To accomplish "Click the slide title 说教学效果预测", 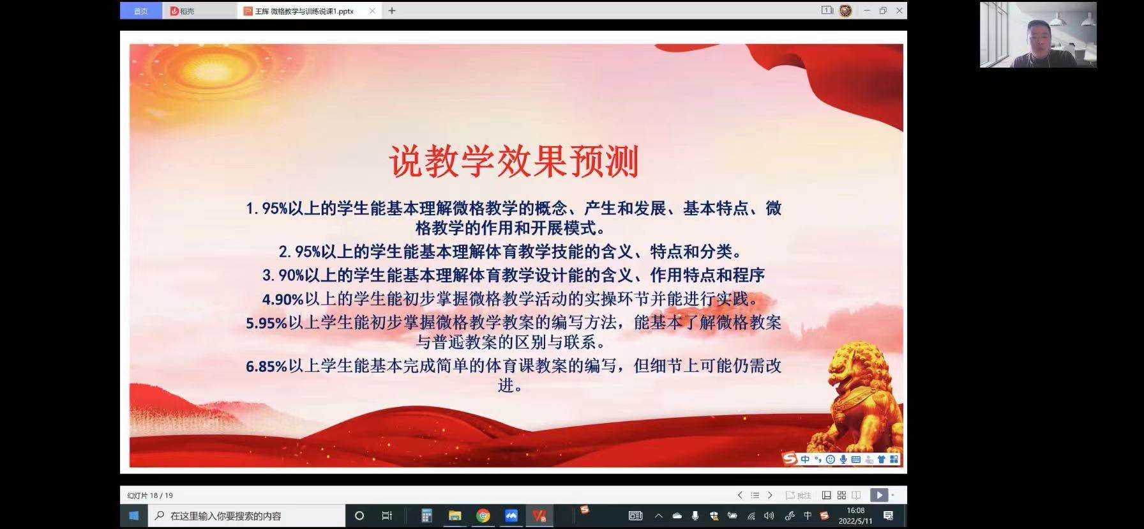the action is coord(514,162).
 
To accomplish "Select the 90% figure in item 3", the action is coord(291,276).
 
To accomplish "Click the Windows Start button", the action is coord(133,516).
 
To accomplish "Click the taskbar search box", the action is coord(246,516).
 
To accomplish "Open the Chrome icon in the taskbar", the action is coord(483,516).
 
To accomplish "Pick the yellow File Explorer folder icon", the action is coord(455,516).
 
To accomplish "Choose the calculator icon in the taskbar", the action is coord(426,516).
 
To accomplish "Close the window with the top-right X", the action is coord(899,10).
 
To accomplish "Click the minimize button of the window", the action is coord(866,10).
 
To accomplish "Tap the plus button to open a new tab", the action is coord(392,11).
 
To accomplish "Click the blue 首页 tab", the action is coord(140,11).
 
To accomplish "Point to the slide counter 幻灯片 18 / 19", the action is coord(150,495).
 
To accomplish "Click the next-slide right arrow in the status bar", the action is coord(770,495).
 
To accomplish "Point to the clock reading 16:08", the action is coord(855,510).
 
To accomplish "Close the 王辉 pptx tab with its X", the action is coord(372,11).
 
